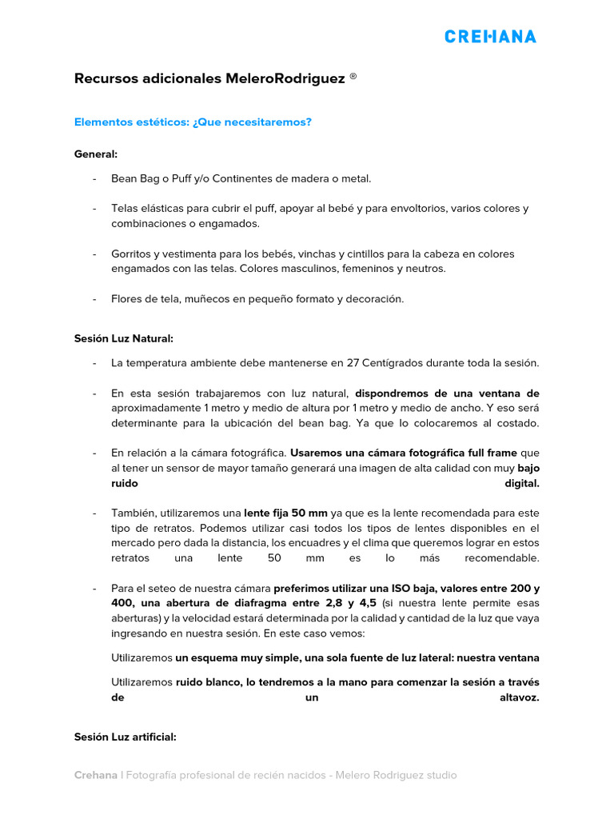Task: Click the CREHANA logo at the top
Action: pyautogui.click(x=490, y=36)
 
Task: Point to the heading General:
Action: pyautogui.click(x=96, y=153)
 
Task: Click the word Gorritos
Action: pyautogui.click(x=134, y=254)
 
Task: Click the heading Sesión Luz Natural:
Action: pyautogui.click(x=123, y=338)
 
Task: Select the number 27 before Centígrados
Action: pyautogui.click(x=353, y=363)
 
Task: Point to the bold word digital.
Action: pyautogui.click(x=521, y=483)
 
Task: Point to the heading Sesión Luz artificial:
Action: pyautogui.click(x=125, y=737)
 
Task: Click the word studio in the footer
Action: pyautogui.click(x=441, y=775)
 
